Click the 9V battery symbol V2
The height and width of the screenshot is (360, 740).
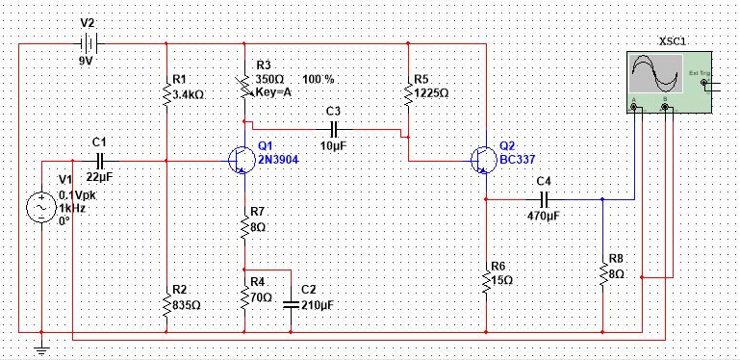tap(88, 44)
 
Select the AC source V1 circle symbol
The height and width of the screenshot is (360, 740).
tap(43, 207)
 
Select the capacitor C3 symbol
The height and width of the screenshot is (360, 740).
tap(334, 127)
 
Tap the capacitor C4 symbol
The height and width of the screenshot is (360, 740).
tap(544, 199)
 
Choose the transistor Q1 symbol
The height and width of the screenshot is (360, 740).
tap(239, 161)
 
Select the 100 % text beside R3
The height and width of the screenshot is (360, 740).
tap(319, 79)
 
